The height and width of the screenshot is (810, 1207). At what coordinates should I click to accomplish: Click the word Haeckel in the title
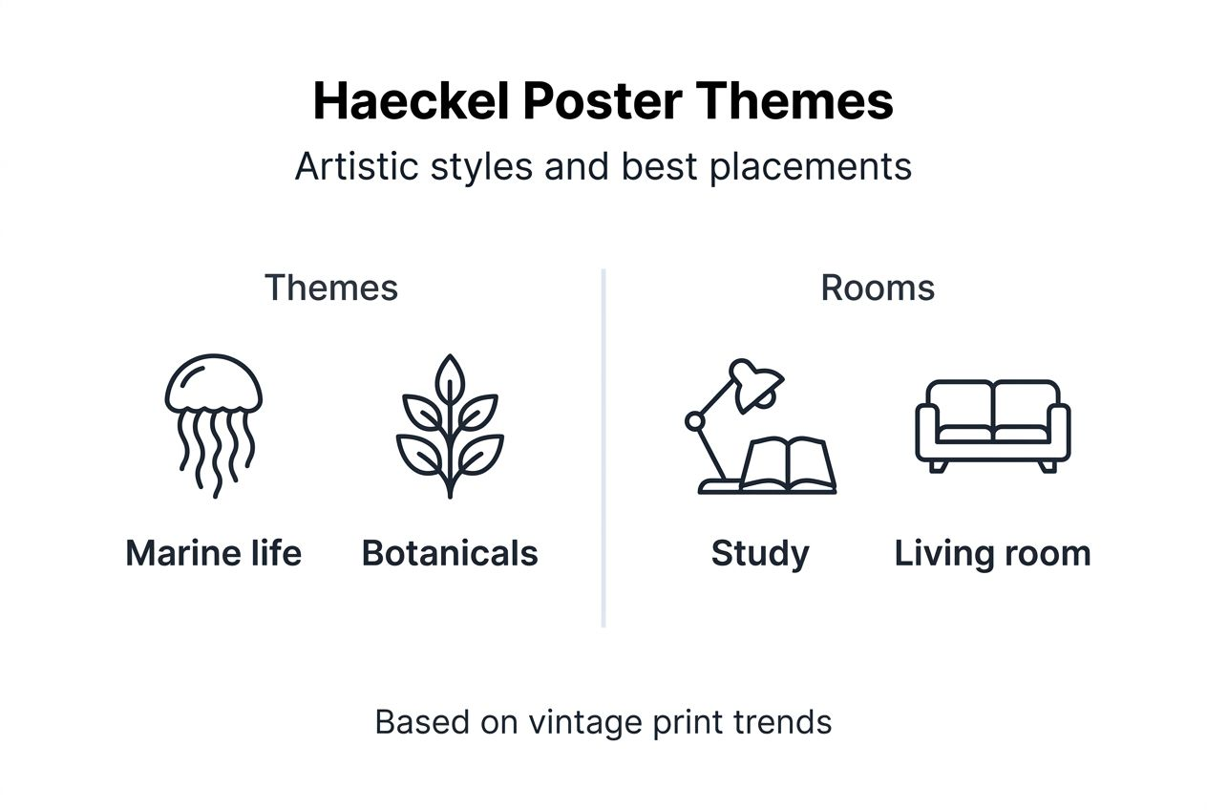tap(411, 101)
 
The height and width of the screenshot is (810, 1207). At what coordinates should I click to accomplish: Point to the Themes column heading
tap(330, 288)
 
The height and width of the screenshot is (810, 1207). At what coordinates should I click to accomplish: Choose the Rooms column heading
tap(877, 288)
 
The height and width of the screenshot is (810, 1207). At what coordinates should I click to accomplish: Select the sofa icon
tap(992, 425)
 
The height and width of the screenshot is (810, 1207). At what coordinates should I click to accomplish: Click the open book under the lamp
tap(788, 466)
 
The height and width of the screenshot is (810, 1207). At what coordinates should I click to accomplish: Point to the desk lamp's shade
tap(758, 383)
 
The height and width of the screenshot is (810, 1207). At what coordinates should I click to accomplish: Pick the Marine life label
tap(213, 553)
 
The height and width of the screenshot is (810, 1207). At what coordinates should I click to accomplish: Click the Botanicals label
tap(450, 553)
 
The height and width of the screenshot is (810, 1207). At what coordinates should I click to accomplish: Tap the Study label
tap(760, 553)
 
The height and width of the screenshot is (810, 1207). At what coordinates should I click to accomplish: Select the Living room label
tap(992, 553)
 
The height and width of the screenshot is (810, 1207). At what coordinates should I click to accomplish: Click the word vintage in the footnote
tap(586, 722)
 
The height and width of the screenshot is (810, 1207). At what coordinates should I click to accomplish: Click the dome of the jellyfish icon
tap(213, 382)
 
